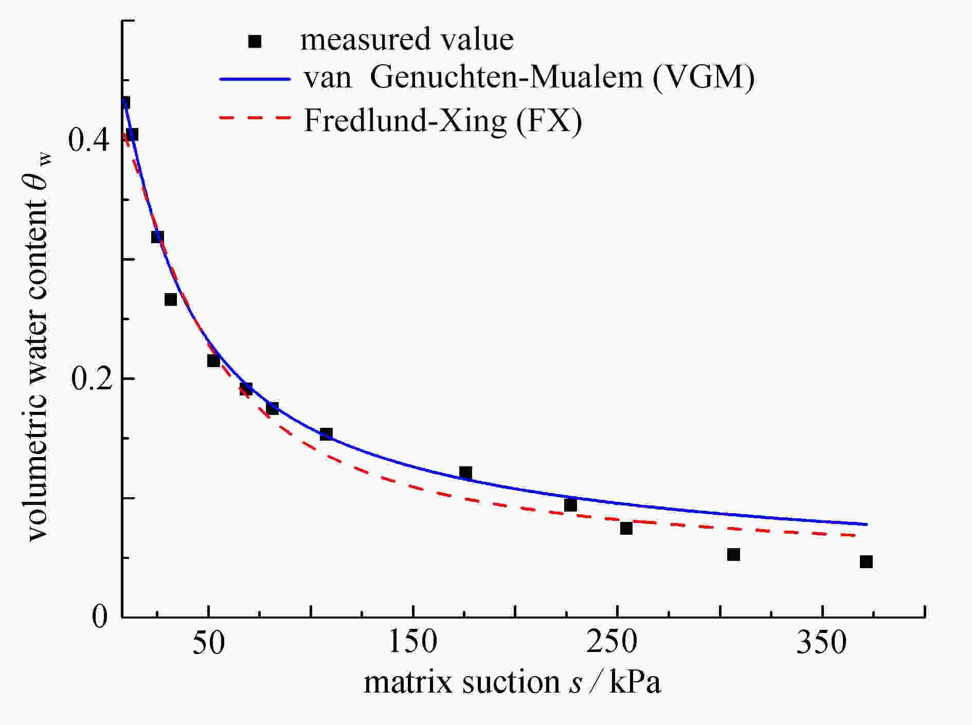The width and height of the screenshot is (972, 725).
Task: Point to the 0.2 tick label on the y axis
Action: [90, 379]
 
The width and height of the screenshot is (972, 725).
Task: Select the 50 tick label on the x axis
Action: [208, 643]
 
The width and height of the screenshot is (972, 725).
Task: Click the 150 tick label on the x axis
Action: [412, 643]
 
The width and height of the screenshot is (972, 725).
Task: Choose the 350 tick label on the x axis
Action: [821, 643]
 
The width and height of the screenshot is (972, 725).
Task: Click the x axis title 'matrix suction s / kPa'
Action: [512, 683]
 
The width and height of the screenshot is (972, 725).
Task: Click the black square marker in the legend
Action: [255, 41]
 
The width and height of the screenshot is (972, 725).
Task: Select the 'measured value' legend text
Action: [407, 40]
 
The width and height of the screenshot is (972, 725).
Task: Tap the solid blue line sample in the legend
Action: [256, 79]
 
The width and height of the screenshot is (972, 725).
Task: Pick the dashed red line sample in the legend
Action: [256, 118]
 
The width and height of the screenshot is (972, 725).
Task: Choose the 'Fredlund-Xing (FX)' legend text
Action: [443, 121]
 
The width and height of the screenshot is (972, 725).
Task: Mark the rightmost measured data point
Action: [866, 561]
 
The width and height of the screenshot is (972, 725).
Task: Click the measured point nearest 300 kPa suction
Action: [733, 554]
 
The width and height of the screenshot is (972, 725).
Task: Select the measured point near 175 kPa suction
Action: [465, 473]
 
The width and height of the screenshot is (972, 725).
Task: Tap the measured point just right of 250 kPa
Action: [626, 528]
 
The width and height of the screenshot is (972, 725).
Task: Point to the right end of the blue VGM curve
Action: [867, 524]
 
